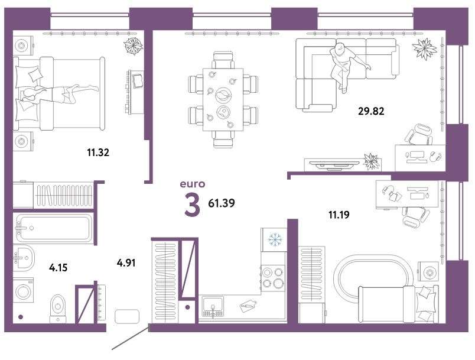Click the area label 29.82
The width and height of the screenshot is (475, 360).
click(x=371, y=111)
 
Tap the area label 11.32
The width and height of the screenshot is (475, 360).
click(x=98, y=153)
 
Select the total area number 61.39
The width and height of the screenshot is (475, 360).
click(x=222, y=203)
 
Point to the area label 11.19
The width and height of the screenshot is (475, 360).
click(x=339, y=215)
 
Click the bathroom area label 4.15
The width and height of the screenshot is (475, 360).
click(x=58, y=268)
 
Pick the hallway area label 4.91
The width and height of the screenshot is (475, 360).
click(x=126, y=262)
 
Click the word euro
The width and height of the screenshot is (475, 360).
click(x=193, y=184)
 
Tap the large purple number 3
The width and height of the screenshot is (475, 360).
click(x=193, y=206)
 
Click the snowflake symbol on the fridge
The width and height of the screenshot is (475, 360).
click(x=275, y=239)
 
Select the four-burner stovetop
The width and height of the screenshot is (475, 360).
click(x=274, y=278)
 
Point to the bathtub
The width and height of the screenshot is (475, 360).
click(x=54, y=228)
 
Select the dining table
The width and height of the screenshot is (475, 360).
click(x=223, y=100)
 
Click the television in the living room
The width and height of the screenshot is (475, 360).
click(x=334, y=164)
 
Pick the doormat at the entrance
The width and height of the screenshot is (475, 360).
click(x=127, y=317)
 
